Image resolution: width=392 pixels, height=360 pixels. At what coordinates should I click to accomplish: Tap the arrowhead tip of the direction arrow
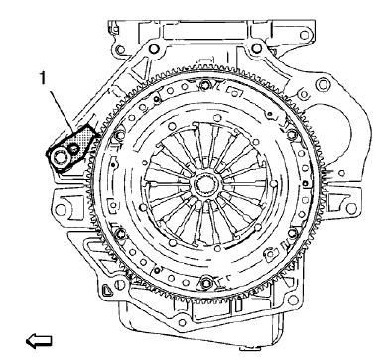[x=27, y=343]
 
